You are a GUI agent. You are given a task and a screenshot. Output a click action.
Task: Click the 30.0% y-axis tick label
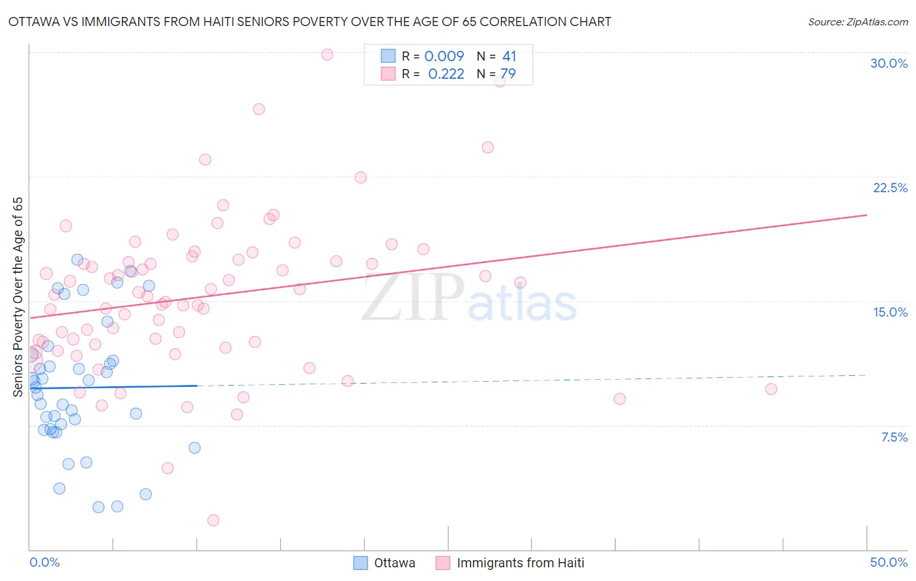click(x=889, y=63)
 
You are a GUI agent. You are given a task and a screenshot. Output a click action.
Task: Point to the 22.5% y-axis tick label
click(x=890, y=188)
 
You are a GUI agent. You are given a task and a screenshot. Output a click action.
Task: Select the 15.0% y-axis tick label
click(x=890, y=312)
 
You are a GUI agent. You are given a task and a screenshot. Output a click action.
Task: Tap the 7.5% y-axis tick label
click(x=894, y=437)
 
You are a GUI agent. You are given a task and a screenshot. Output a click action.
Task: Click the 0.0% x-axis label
click(x=44, y=562)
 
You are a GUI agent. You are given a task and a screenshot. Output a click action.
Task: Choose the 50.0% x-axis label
click(x=888, y=562)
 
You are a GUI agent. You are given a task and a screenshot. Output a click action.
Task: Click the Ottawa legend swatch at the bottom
click(x=360, y=563)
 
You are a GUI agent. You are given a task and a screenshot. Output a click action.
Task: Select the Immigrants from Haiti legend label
click(x=520, y=563)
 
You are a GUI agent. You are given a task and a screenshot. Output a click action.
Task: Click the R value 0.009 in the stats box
click(x=444, y=56)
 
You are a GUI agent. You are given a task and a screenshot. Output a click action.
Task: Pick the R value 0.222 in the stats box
click(x=446, y=74)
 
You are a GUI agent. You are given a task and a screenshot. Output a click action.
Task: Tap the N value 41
click(x=509, y=56)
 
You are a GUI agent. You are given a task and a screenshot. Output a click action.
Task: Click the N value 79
click(x=508, y=74)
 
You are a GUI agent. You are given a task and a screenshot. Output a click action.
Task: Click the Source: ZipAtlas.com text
click(x=857, y=21)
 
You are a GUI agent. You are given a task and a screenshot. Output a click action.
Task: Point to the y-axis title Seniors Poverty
click(x=18, y=296)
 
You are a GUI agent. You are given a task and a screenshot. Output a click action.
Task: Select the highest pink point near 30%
click(x=327, y=55)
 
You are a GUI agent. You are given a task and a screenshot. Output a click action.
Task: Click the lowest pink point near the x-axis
click(x=213, y=520)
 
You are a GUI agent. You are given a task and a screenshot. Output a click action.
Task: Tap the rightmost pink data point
click(x=771, y=389)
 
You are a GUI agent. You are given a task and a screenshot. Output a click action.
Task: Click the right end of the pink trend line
click(x=866, y=215)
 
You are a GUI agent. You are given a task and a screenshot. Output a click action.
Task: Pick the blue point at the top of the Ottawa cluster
click(x=77, y=260)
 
